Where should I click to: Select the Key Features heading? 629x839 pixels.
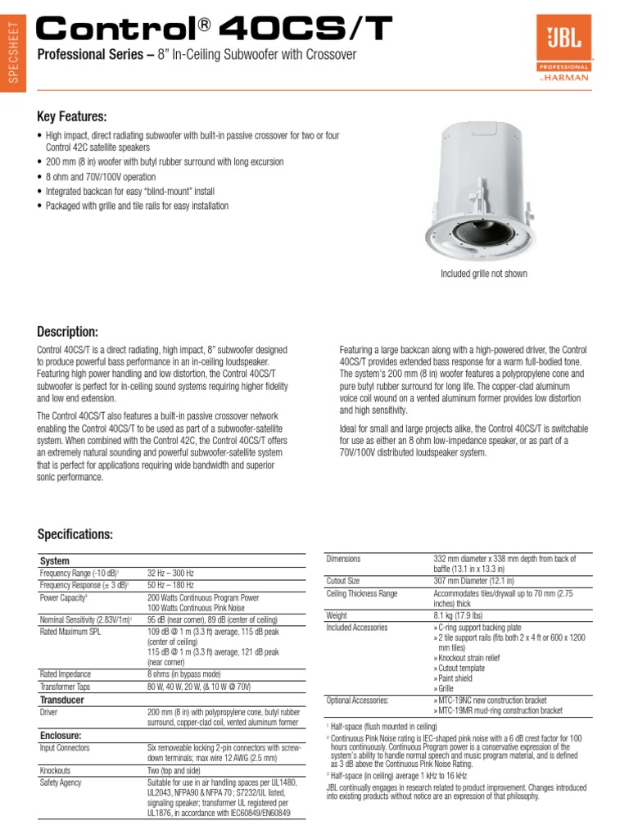click(x=72, y=117)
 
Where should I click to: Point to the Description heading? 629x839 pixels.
click(x=68, y=331)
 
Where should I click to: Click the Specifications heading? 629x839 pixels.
click(x=75, y=534)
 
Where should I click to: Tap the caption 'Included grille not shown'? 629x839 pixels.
click(x=484, y=274)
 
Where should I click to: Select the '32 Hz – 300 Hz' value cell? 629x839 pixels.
click(x=172, y=574)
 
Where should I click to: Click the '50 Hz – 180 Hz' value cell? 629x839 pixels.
click(x=171, y=585)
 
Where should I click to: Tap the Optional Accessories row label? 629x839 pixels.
click(x=357, y=701)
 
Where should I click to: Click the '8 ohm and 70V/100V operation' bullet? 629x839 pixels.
click(x=101, y=177)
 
